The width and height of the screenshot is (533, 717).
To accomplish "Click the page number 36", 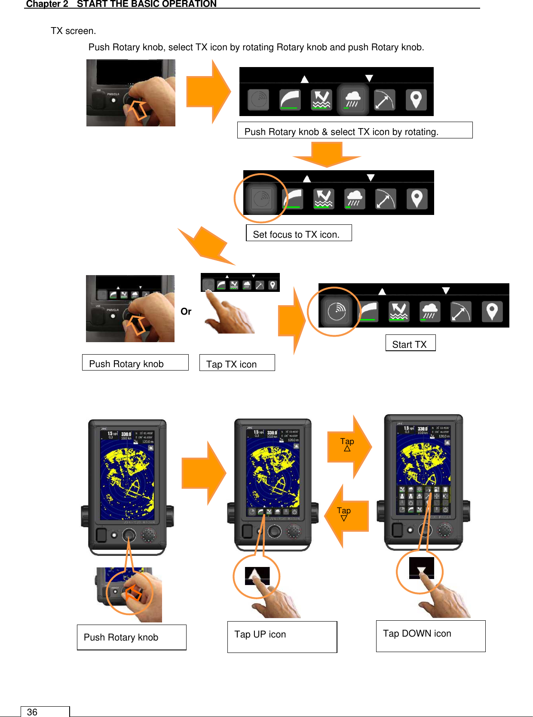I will [32, 712].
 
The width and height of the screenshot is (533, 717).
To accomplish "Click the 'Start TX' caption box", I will [410, 344].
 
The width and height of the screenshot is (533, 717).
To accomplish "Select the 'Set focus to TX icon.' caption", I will [298, 234].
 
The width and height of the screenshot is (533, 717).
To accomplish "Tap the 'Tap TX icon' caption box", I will [237, 364].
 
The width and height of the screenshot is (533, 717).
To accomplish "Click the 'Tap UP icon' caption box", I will [282, 636].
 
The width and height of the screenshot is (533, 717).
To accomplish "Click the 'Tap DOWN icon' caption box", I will [430, 635].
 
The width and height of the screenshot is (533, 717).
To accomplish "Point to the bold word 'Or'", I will [186, 311].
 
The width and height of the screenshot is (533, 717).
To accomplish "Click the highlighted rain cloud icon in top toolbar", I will [352, 100].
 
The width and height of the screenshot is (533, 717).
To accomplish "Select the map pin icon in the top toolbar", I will [416, 100].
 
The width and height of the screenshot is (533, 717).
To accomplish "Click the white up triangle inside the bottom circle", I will [257, 574].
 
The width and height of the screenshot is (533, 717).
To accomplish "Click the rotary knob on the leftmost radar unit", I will [129, 535].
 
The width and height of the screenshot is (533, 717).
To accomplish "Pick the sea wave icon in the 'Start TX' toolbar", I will [398, 311].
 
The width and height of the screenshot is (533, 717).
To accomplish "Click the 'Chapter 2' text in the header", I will [47, 4].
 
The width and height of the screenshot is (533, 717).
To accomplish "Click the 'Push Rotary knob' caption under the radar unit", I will [131, 637].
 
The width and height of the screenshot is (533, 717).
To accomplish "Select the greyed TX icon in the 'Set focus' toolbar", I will [262, 199].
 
